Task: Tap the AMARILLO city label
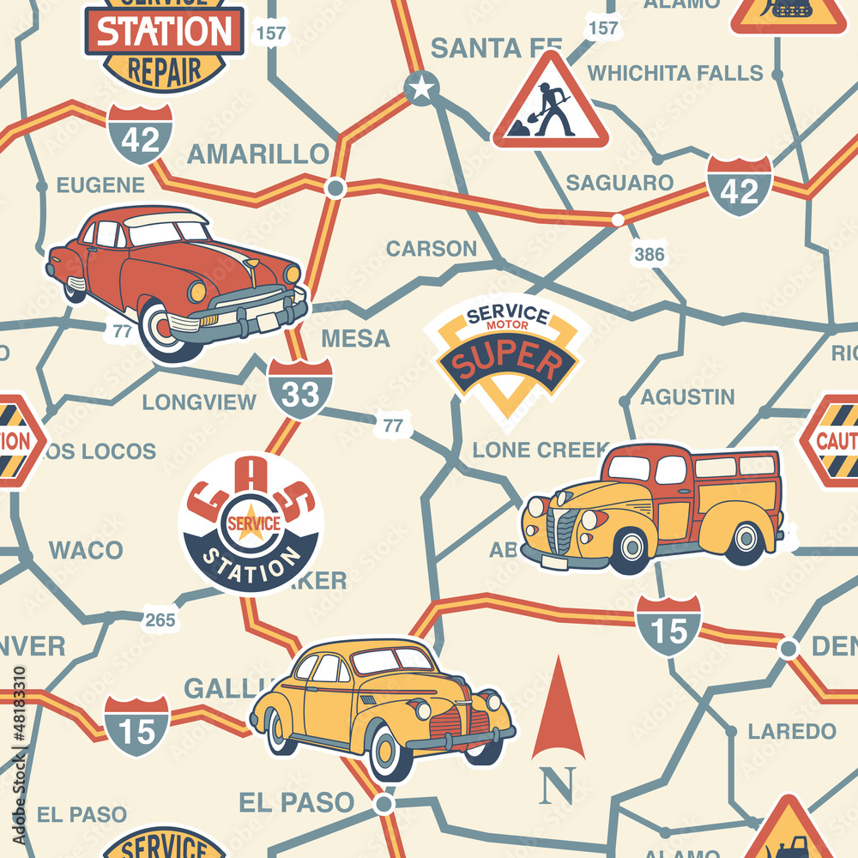257,154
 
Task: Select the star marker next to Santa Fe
421,88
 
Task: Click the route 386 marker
649,254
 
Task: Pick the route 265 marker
159,620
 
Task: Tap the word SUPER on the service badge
505,361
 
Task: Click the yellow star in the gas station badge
251,523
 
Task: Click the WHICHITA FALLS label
675,73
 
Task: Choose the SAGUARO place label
619,183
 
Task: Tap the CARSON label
431,249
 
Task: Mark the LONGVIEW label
199,402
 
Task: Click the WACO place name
86,550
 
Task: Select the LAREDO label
791,732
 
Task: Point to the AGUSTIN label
687,397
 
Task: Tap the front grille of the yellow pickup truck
561,532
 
